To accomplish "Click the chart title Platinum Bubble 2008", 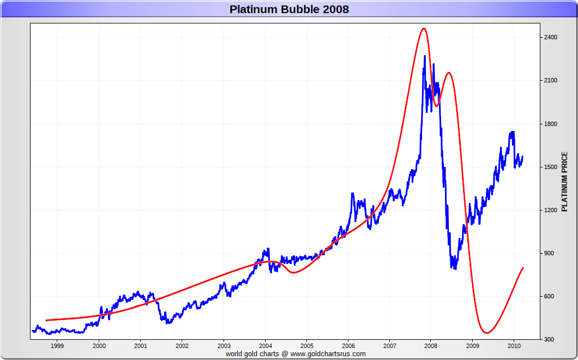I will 289,9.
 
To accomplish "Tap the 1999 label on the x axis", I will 57,346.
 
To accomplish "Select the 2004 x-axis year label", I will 265,346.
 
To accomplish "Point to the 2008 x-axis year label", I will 431,346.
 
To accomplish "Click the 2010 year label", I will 514,346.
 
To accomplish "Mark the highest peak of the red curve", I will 424,28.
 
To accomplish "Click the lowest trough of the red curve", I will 486,333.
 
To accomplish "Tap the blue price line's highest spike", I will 425,56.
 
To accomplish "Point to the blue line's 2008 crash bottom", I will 454,268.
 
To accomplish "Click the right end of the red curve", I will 523,267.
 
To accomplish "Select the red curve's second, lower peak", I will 449,73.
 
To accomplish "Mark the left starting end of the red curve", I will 46,320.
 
